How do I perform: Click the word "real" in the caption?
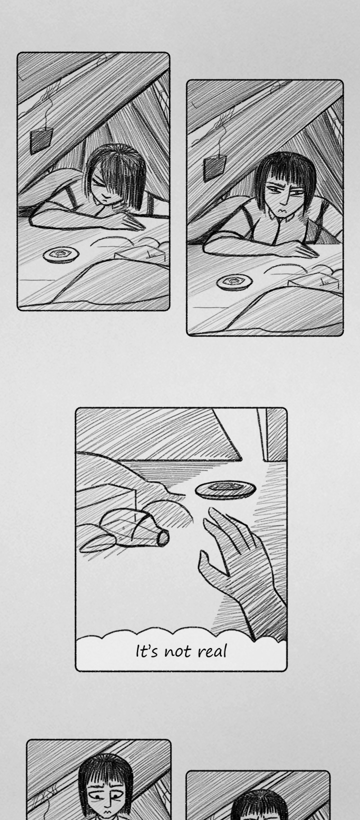click(x=212, y=651)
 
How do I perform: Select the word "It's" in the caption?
click(x=147, y=651)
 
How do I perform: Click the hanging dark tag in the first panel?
click(x=41, y=140)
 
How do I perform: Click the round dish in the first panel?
click(x=61, y=255)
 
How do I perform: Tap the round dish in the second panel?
click(x=234, y=282)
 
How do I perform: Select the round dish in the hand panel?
click(x=225, y=489)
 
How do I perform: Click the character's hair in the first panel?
click(x=118, y=173)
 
